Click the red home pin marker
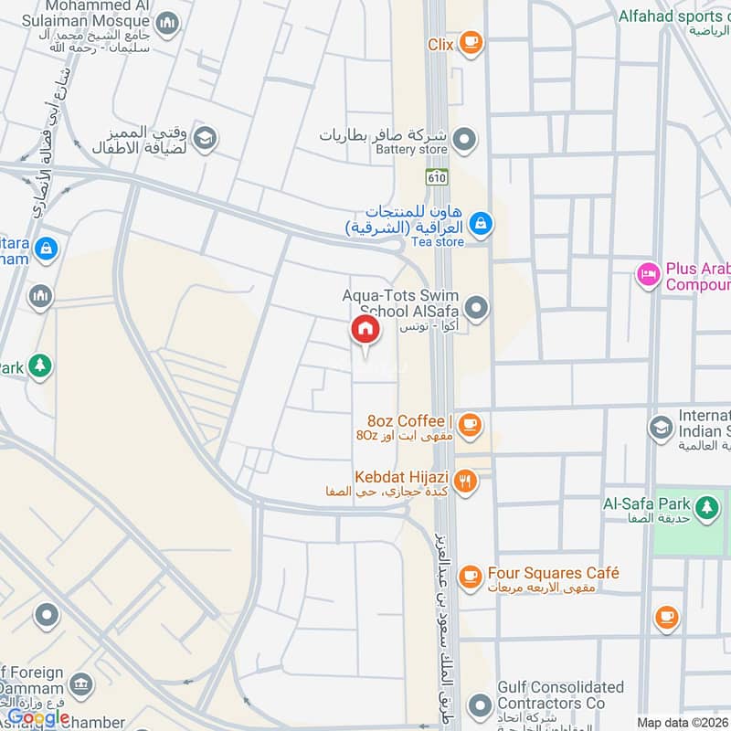(365, 331)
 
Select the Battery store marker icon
(465, 140)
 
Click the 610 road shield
(437, 177)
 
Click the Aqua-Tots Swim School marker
(475, 306)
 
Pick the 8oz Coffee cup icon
(470, 423)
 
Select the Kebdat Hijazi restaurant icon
(466, 481)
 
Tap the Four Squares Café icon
(470, 576)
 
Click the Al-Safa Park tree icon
(705, 506)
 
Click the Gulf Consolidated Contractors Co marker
(479, 705)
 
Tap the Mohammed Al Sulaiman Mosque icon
(167, 24)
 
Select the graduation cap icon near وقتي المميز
(206, 138)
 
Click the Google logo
(38, 717)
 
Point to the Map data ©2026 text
(682, 723)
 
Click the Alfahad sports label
(674, 16)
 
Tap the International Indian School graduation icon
(661, 427)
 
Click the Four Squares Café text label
(553, 573)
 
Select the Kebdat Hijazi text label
(402, 477)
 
